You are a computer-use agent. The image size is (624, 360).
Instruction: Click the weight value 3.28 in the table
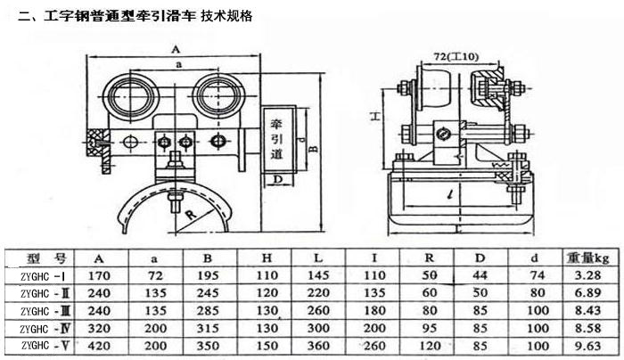587,275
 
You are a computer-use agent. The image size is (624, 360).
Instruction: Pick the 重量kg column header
587,258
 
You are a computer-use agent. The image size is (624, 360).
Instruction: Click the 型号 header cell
42,258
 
